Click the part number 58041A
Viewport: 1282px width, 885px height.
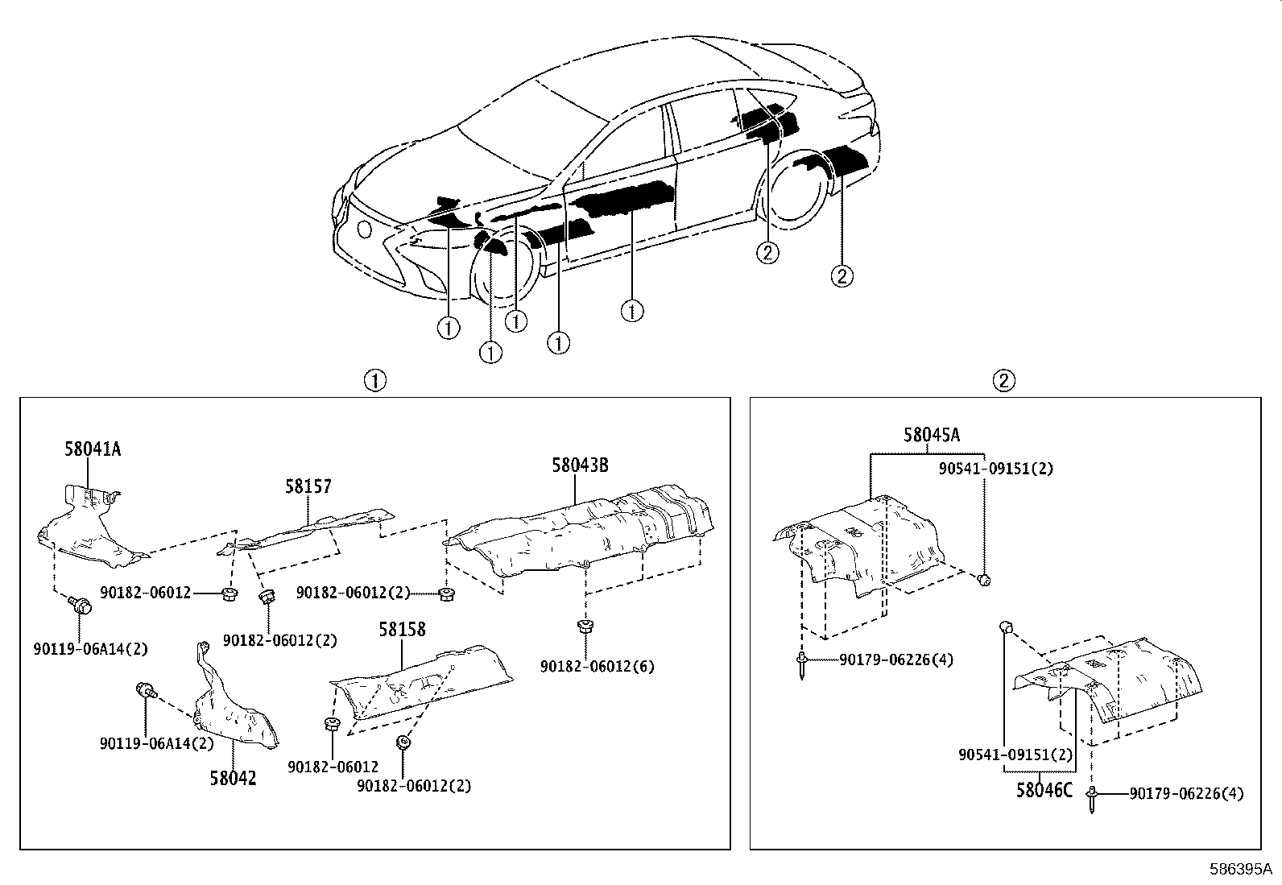[93, 449]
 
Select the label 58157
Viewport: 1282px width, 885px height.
[308, 486]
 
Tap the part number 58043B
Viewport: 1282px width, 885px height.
[579, 465]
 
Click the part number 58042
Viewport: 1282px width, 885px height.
[234, 778]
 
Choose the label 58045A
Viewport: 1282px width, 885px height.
[932, 435]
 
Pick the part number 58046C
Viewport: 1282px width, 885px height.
[1044, 790]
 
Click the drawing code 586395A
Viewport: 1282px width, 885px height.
[1240, 870]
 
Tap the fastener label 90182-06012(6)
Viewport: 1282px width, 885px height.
[586, 667]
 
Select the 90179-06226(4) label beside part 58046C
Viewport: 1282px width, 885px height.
[1185, 794]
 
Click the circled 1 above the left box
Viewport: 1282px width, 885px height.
[374, 380]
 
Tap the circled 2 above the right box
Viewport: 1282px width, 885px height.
[1003, 380]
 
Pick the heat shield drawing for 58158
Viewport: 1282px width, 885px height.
[423, 680]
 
